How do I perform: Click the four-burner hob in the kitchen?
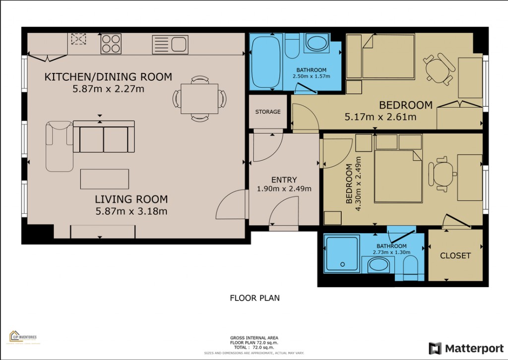click(x=111, y=43)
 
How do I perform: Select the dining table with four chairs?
click(x=199, y=99)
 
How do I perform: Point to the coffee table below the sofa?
click(x=105, y=179)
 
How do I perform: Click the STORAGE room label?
click(x=268, y=112)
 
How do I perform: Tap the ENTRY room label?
click(x=284, y=180)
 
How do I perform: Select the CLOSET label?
click(x=455, y=256)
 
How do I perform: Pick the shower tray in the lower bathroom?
click(x=341, y=253)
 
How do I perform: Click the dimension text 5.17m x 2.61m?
click(x=380, y=118)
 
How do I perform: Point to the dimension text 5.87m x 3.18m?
click(x=131, y=211)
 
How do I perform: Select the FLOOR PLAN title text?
click(x=254, y=298)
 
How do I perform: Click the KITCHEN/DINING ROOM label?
click(x=108, y=77)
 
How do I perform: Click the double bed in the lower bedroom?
click(x=398, y=176)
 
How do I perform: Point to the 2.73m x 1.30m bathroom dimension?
click(x=391, y=252)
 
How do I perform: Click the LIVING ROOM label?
click(x=131, y=199)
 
